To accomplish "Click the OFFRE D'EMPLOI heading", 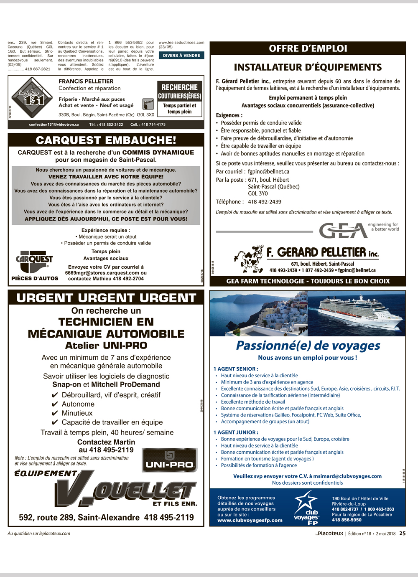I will point(308,48).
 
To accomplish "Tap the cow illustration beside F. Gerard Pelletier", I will point(249,259).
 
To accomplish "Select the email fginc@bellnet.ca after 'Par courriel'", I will point(268,172).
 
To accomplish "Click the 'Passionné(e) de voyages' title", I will point(308,346).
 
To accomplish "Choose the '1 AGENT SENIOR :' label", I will point(236,369).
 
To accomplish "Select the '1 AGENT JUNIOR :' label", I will point(236,432).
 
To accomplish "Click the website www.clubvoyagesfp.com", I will point(250,521).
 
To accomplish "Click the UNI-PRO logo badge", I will point(170,460).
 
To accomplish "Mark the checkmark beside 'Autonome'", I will point(54,404).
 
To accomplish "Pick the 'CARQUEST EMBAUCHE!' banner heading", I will point(106,140).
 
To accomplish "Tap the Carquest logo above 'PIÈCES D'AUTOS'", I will point(34,260).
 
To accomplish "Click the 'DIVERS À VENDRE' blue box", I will point(181,56).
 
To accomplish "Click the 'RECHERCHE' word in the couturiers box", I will point(179,87).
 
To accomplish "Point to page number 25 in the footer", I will point(402,534).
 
